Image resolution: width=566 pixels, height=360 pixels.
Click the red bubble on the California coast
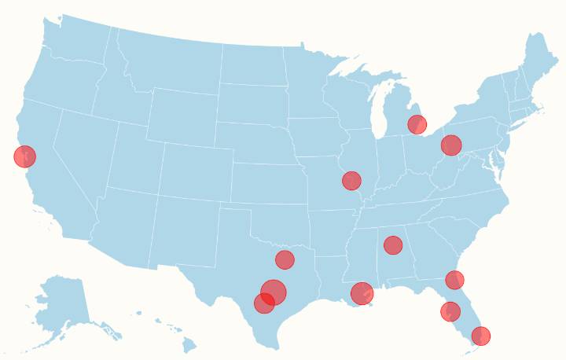click(x=25, y=156)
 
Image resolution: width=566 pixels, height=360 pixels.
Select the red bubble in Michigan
click(x=417, y=124)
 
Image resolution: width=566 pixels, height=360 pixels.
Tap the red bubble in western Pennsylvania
click(x=450, y=145)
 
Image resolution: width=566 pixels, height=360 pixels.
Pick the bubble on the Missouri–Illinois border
click(x=351, y=181)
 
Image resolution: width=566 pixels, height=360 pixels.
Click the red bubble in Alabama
click(x=393, y=245)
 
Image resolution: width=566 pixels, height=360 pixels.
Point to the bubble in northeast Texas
click(x=285, y=259)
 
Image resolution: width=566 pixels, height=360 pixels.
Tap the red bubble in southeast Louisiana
click(x=362, y=293)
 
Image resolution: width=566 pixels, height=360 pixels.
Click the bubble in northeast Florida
click(x=454, y=280)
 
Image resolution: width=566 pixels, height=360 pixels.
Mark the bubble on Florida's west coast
click(x=450, y=311)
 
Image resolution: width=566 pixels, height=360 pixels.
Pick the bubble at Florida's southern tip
click(x=481, y=336)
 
